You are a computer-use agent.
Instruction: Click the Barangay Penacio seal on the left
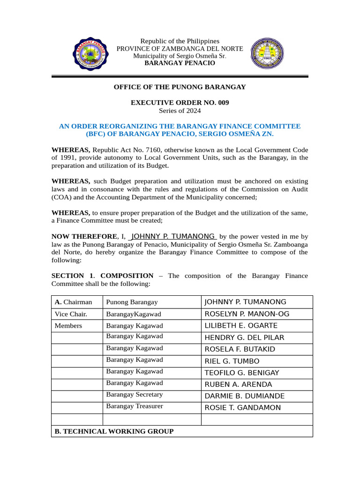point(91,53)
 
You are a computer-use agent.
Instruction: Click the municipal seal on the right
point(267,53)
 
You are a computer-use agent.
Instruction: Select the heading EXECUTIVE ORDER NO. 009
point(180,103)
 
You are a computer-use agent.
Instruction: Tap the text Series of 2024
point(180,111)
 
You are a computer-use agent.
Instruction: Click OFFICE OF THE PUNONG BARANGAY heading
point(180,87)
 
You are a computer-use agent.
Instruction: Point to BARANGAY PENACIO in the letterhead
point(180,63)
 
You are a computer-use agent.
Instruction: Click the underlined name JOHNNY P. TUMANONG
point(172,236)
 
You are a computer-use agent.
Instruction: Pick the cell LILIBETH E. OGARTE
point(241,326)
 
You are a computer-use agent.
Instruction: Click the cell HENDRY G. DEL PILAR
point(244,337)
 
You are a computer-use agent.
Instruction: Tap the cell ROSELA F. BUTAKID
point(240,349)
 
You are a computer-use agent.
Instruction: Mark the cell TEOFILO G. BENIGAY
point(242,373)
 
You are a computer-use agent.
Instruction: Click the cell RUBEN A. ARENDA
point(238,384)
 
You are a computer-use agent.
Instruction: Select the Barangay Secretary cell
point(135,395)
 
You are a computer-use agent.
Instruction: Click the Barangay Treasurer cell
point(135,406)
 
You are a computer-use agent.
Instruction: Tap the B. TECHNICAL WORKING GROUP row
point(114,431)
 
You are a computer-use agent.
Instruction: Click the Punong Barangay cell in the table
point(132,302)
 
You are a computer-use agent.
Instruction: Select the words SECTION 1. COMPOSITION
point(102,276)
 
